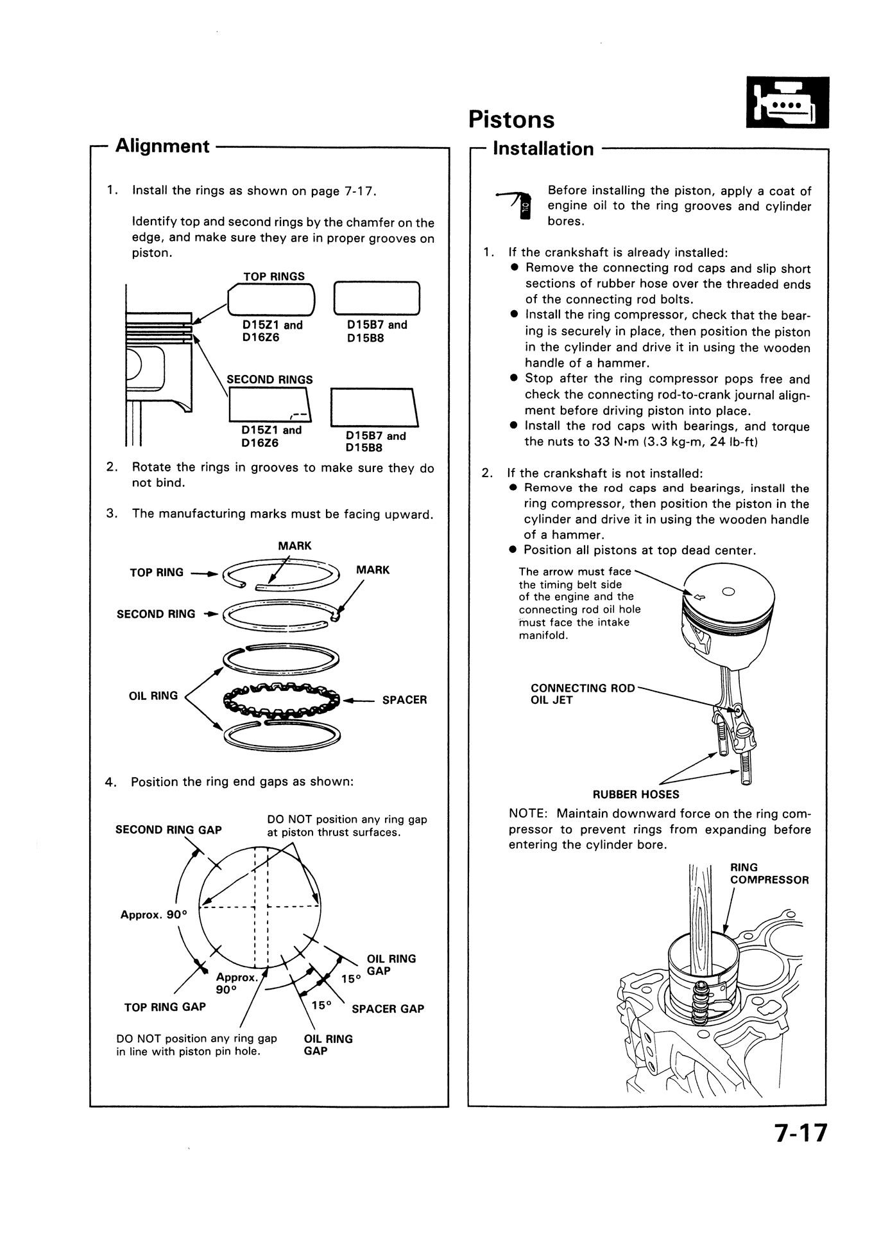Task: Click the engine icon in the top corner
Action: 788,103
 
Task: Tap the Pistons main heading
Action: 511,119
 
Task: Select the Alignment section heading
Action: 162,146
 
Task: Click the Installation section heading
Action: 543,148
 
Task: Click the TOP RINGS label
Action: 274,277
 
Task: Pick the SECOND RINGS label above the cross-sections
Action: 269,380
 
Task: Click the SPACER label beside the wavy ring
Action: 404,700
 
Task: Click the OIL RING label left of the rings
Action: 153,695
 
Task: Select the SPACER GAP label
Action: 388,1009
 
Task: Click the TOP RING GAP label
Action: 165,1007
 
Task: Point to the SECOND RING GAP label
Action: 168,830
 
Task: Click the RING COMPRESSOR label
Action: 769,873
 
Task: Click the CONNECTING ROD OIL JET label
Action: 582,694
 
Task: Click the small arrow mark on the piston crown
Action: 701,597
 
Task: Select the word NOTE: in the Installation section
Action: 529,814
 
